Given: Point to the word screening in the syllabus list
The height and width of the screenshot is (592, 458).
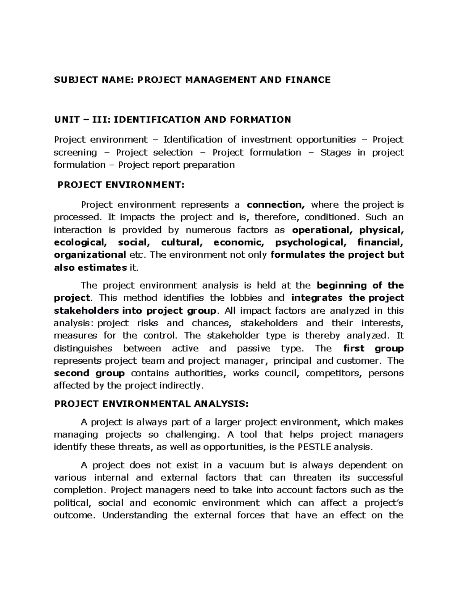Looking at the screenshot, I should coord(75,152).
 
